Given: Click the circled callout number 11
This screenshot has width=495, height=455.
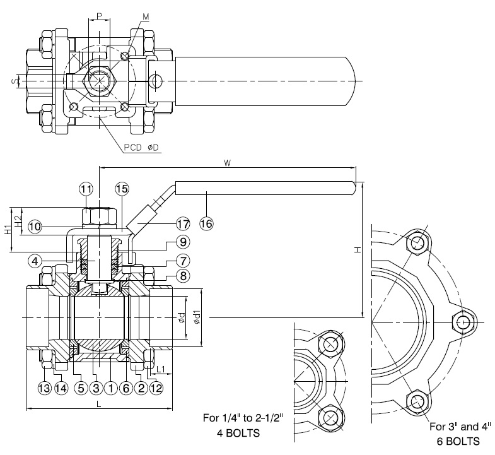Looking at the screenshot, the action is [86, 189].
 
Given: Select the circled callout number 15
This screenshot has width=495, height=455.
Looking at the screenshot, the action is [122, 189].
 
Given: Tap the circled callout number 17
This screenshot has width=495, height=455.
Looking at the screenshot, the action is [183, 223].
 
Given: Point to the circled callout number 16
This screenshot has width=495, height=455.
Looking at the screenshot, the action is [206, 223].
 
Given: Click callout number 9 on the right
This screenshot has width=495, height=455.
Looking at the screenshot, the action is [183, 242].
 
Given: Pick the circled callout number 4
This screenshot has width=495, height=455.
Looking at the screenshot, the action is [35, 261].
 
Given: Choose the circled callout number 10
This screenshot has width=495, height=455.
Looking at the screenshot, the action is [35, 227].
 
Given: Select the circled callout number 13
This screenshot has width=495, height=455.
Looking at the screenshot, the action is [45, 387].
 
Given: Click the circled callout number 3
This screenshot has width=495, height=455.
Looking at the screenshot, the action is [96, 387].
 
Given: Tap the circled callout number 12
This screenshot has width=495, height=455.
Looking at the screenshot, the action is [156, 387].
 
